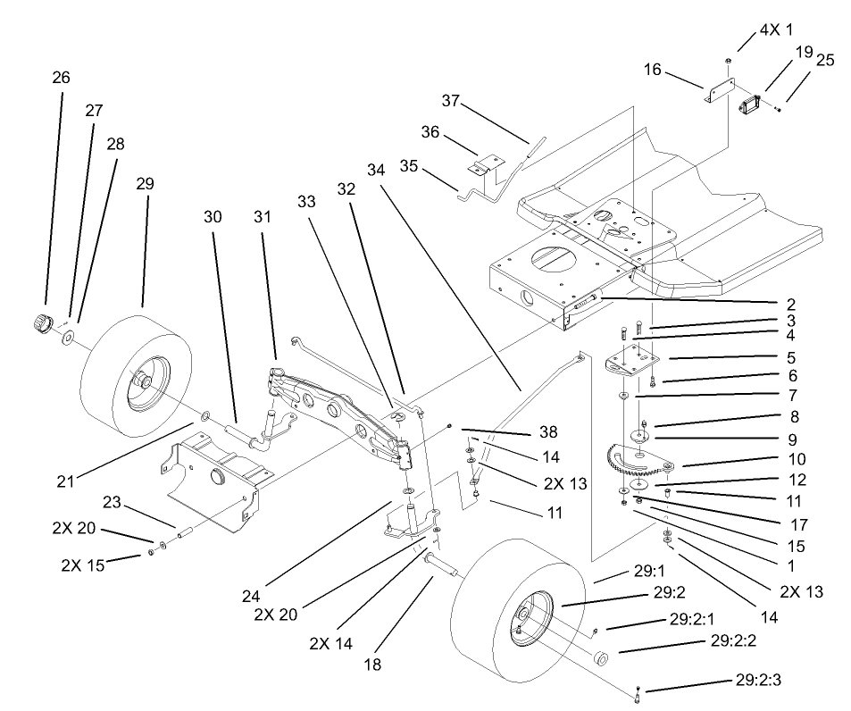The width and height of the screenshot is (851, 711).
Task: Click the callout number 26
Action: (61, 78)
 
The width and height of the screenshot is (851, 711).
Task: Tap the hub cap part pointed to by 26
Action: (39, 321)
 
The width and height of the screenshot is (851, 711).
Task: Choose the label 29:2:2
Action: (735, 641)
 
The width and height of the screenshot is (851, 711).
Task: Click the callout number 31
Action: (261, 218)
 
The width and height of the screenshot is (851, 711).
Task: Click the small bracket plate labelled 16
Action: (720, 91)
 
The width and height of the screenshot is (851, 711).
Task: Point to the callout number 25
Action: (825, 61)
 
